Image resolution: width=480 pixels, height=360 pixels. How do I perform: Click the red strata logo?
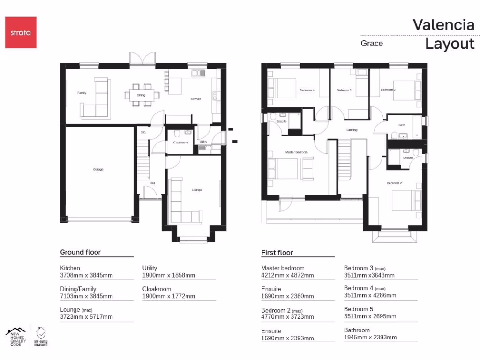coord(21,32)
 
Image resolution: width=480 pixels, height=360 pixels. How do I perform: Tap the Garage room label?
coord(98,169)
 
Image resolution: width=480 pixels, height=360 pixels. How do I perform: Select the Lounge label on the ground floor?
coord(196,190)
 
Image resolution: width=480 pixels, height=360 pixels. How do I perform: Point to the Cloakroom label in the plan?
coord(180,142)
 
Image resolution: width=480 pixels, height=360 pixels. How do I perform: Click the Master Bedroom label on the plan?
coord(297,152)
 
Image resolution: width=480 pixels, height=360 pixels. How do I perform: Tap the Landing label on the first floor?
coord(352,130)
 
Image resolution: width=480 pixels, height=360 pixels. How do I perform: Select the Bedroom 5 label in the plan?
coord(344,90)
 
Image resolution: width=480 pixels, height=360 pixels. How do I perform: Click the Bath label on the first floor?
coord(402,125)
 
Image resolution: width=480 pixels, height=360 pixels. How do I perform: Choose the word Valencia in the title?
coord(443,25)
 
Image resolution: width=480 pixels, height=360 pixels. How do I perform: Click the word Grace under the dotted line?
coord(372,44)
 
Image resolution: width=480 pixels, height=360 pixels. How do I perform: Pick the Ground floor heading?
coord(80,252)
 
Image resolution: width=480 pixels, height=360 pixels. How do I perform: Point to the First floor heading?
coord(277,253)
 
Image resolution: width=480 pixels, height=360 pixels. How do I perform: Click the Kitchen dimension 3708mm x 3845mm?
coord(86,276)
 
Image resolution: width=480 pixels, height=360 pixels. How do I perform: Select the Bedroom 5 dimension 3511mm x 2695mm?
coord(370,316)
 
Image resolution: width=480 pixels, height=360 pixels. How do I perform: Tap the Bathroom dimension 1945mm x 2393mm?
coord(370,337)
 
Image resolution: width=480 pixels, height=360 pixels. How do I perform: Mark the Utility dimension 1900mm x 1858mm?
coord(168,276)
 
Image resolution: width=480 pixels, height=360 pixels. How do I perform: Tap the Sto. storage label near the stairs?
coord(143,132)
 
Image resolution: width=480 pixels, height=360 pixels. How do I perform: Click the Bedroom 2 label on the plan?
coord(394,183)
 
